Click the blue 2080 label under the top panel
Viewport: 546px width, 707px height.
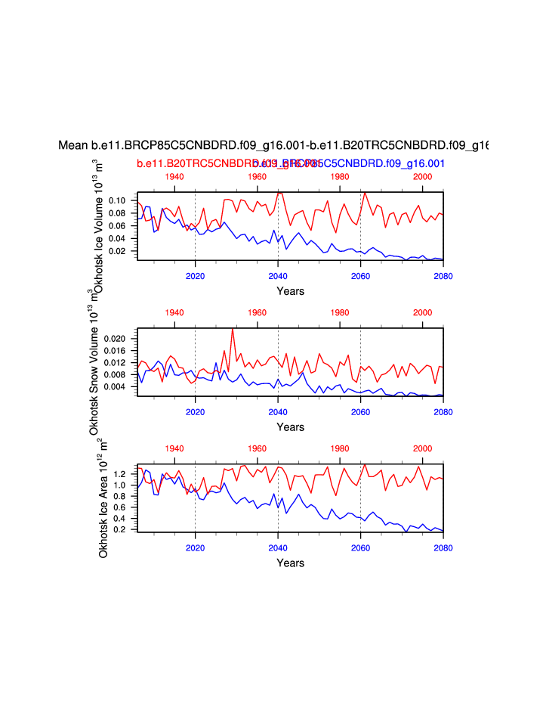tap(443, 276)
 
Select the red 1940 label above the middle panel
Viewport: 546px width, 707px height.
tap(174, 312)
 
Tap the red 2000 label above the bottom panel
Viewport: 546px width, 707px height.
tap(422, 448)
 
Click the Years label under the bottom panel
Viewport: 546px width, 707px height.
tap(290, 563)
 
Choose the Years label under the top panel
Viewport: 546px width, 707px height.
tap(290, 290)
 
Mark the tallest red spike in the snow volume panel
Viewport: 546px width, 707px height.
tap(233, 329)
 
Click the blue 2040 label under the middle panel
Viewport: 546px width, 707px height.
tap(278, 412)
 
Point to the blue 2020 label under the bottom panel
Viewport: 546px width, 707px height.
tap(196, 547)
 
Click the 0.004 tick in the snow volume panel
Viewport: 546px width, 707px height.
tap(113, 386)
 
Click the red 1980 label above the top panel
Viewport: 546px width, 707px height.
tap(340, 176)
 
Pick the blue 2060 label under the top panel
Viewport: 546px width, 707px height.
tap(360, 276)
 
